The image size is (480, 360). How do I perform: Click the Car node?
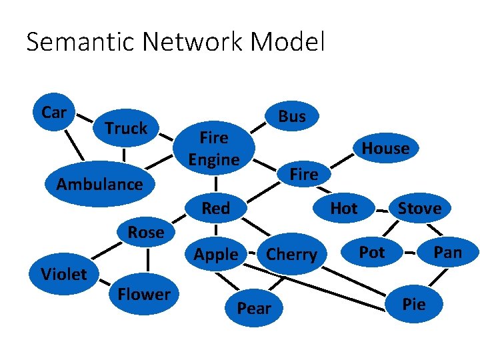click(53, 113)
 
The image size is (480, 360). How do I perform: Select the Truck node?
click(126, 128)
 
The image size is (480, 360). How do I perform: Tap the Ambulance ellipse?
click(100, 184)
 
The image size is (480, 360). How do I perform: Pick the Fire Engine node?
click(213, 149)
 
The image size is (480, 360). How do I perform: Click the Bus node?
click(291, 116)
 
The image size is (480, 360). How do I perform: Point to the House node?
click(385, 148)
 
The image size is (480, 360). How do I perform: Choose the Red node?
click(215, 208)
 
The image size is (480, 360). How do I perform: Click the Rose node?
click(146, 232)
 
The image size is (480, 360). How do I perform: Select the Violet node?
click(64, 273)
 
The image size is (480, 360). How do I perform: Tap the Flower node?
click(143, 294)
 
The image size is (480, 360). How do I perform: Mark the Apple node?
click(215, 254)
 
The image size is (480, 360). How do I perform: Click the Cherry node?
click(291, 254)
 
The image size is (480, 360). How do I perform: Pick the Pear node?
click(254, 308)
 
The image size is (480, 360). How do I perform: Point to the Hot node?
click(344, 208)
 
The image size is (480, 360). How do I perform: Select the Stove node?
click(419, 208)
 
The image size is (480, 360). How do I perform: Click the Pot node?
click(371, 251)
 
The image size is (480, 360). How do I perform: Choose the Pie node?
click(414, 304)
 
